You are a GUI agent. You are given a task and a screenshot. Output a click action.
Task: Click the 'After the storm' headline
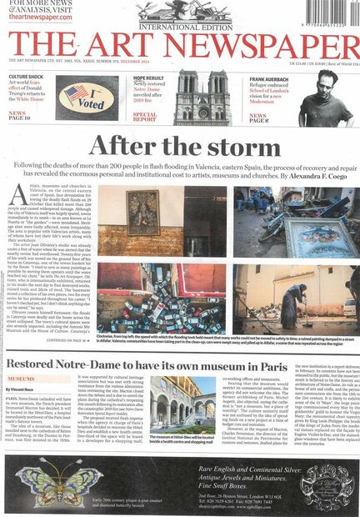click(180, 148)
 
